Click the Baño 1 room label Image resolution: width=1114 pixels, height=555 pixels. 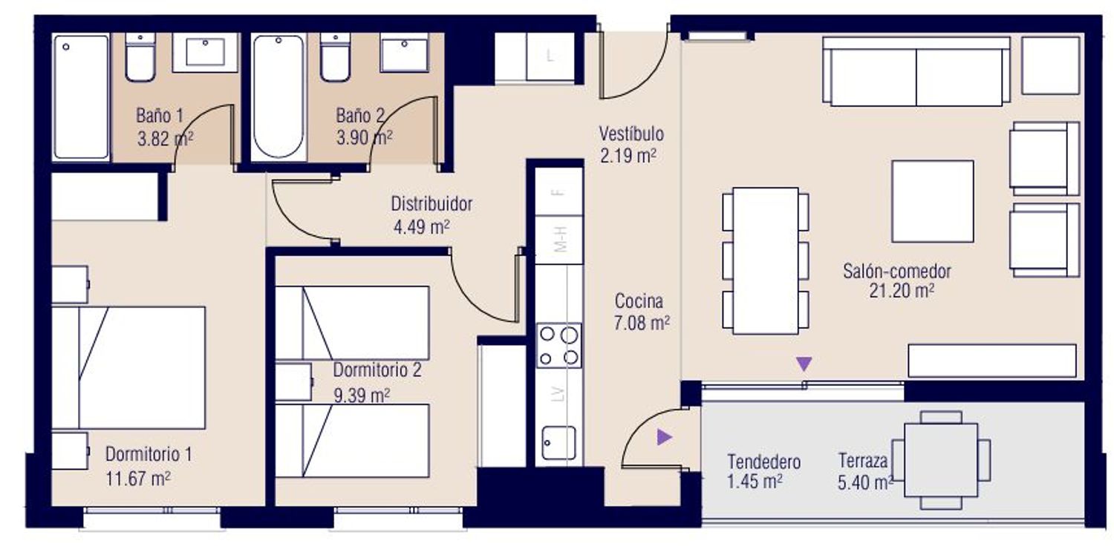pos(160,116)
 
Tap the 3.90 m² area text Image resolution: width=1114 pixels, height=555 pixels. pos(364,137)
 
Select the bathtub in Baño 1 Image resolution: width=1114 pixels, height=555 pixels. pos(81,97)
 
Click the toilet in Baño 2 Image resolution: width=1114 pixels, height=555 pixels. pos(335,58)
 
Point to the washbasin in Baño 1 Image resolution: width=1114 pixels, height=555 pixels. pos(205,53)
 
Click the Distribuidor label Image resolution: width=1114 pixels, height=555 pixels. pos(431,204)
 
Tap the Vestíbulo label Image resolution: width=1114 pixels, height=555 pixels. pos(631,134)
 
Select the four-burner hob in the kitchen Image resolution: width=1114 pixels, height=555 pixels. pos(559,345)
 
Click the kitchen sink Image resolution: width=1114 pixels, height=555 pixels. pos(559,443)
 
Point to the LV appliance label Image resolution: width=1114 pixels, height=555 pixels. pos(559,394)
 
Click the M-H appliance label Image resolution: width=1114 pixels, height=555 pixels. pos(560,239)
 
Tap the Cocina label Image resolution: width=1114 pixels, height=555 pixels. pos(639,301)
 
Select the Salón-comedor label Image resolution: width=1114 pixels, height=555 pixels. pos(896,272)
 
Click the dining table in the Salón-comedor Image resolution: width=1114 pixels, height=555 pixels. pos(766,261)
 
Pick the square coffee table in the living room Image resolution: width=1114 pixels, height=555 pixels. pos(933,201)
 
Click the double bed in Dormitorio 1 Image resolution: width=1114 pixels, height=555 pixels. pos(128,368)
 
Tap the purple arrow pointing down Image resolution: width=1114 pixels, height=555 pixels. pos(804,364)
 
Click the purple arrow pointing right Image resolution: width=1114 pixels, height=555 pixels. pos(665,437)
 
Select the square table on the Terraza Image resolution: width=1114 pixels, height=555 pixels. pos(941,460)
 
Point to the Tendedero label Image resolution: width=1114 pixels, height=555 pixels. pos(764,462)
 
